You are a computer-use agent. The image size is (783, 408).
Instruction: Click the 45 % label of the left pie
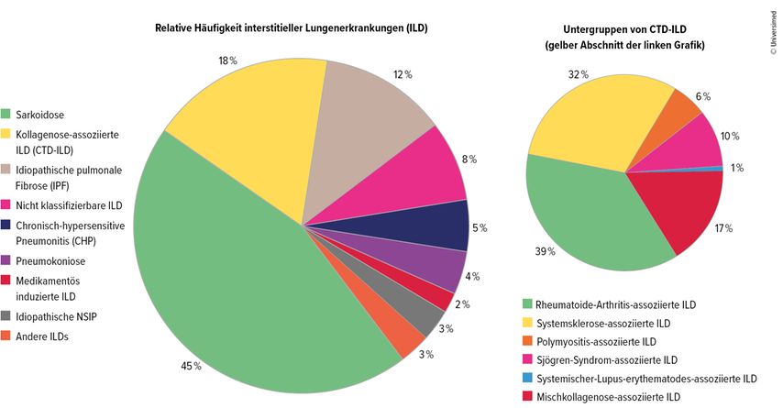[190, 366]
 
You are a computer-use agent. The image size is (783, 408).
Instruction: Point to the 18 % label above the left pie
[227, 61]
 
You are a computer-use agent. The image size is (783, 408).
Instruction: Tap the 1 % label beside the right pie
[736, 168]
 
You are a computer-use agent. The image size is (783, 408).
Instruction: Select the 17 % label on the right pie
[722, 227]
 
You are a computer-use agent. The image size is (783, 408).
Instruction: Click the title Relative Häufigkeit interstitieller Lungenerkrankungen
[292, 28]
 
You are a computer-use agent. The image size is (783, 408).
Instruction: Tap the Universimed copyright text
[773, 31]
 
